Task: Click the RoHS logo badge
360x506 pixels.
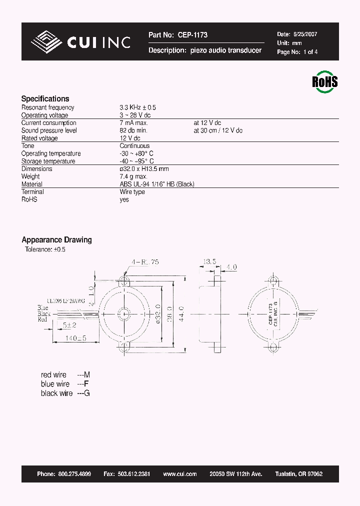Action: (x=325, y=81)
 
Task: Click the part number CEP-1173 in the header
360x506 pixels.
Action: (x=191, y=35)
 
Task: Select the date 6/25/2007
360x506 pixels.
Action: (x=304, y=34)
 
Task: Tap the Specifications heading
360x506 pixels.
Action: (x=45, y=98)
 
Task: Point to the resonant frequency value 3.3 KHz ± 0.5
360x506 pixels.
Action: (x=137, y=107)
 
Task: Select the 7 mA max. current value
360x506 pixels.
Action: (x=133, y=123)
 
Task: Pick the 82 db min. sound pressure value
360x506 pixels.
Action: (x=133, y=130)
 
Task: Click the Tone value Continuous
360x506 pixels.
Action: (x=134, y=146)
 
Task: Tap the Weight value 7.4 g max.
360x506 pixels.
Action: (x=133, y=176)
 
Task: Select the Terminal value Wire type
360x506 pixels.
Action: (x=132, y=192)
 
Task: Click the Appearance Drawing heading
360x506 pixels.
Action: (x=56, y=240)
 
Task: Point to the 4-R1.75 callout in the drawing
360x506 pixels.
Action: (x=145, y=262)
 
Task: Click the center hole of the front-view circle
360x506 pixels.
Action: (x=123, y=314)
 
